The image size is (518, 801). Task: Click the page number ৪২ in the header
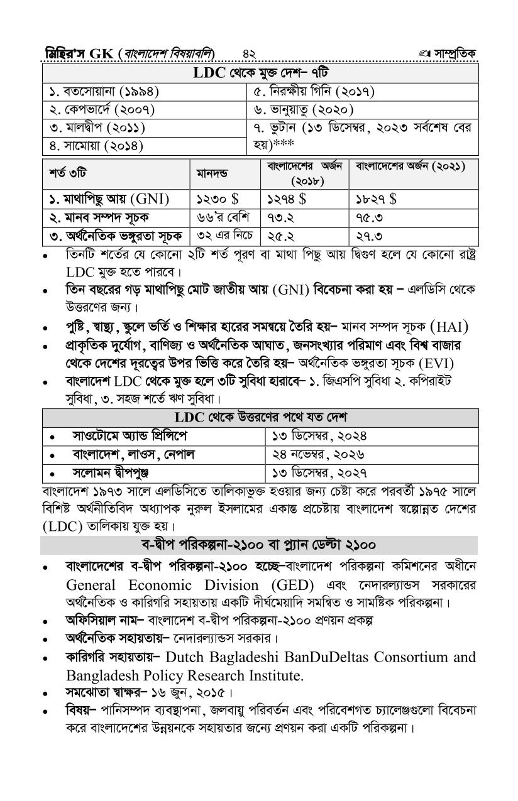pyautogui.click(x=248, y=52)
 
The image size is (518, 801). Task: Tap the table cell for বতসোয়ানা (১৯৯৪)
pyautogui.click(x=104, y=92)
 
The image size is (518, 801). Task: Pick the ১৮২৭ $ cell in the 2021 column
pyautogui.click(x=377, y=199)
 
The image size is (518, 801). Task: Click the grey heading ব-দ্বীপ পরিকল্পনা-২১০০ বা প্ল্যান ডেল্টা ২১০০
pyautogui.click(x=258, y=544)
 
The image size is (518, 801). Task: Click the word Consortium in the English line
pyautogui.click(x=413, y=657)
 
